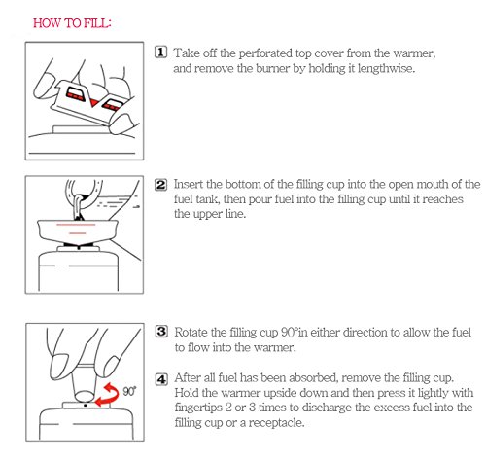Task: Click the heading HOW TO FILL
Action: [x=72, y=23]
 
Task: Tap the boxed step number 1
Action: [x=160, y=53]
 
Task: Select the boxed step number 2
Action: [x=160, y=185]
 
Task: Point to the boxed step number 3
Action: [x=161, y=332]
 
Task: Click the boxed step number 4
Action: [x=161, y=378]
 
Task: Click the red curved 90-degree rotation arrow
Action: [x=109, y=394]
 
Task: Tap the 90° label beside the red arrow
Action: [x=129, y=391]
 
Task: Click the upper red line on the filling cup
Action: [x=76, y=225]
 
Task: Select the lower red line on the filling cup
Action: [x=78, y=233]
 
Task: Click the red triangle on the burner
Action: [x=94, y=103]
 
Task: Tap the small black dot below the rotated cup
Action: [x=86, y=406]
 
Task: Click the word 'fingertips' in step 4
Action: [x=197, y=408]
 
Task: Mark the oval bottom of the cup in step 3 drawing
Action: [x=85, y=396]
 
